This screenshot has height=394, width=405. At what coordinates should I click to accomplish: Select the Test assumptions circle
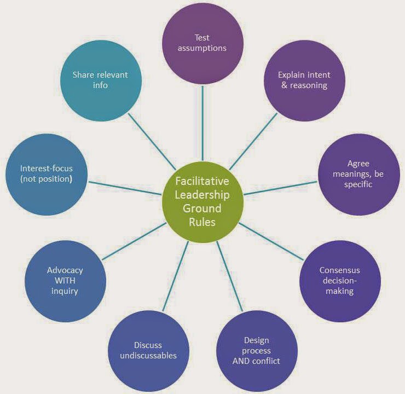pos(202,43)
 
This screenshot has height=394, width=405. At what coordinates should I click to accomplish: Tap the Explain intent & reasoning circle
pos(304,80)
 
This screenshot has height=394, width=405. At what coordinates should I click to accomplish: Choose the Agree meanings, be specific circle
pos(359,174)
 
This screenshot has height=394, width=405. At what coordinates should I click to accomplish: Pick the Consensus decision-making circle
pos(339,281)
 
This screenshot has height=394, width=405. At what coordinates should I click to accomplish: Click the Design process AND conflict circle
pos(257,350)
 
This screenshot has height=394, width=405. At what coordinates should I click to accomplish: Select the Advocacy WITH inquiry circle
pos(65,281)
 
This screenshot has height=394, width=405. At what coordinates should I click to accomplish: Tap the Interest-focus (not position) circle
pos(46,174)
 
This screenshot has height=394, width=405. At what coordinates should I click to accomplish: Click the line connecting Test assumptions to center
pos(202,123)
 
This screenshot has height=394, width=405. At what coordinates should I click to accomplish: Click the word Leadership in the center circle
pos(202,195)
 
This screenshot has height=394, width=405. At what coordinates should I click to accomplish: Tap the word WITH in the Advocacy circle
pos(65,281)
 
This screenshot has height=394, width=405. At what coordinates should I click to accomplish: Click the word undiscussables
pos(148,356)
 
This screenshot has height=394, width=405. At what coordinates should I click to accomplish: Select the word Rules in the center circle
pos(202,222)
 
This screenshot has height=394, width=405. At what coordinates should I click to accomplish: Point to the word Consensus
pos(339,270)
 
